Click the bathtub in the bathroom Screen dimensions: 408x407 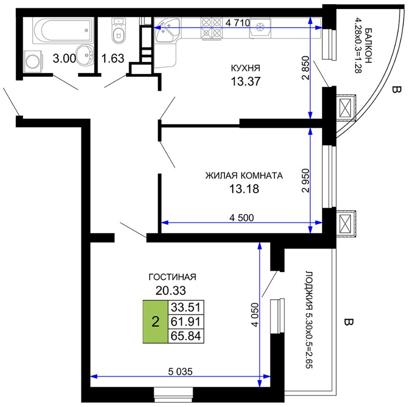63,30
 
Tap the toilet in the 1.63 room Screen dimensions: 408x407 118,30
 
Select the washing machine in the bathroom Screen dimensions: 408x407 33,62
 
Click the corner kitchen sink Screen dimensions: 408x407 167,29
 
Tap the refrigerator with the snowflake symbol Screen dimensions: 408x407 260,27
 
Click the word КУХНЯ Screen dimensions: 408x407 245,68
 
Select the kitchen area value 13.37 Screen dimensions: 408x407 245,81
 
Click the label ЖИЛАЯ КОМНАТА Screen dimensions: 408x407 244,176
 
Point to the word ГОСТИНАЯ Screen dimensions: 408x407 172,277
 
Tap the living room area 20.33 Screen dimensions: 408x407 171,291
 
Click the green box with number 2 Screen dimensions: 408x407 155,322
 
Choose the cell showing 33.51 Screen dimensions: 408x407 186,307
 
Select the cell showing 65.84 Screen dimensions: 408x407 186,336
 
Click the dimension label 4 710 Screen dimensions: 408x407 238,23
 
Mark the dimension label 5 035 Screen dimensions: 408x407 180,372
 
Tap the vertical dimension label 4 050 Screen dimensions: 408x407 255,315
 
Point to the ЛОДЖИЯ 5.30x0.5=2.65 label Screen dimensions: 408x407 309,320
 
